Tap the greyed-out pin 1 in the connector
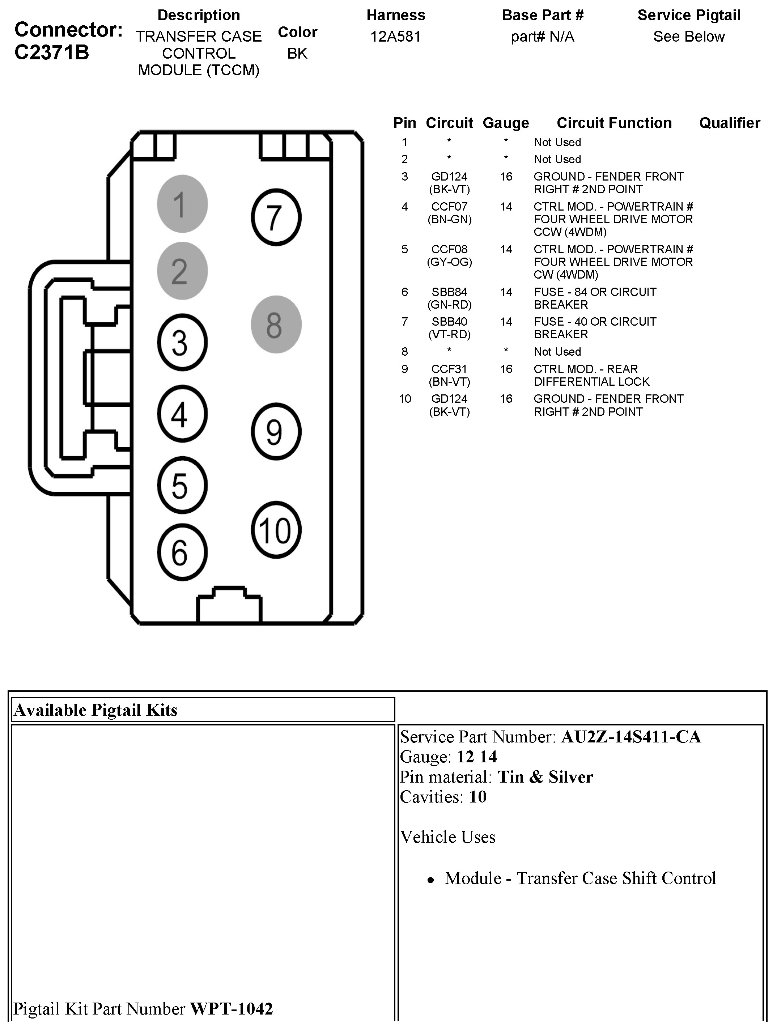click(182, 204)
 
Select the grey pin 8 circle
click(276, 324)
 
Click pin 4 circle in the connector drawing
click(182, 414)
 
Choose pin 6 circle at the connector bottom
click(182, 552)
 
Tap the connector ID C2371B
click(52, 52)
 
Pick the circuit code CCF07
click(449, 207)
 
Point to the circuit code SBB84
click(449, 292)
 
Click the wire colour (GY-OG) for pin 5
click(449, 262)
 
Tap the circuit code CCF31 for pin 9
click(449, 369)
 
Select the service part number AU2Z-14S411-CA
click(630, 737)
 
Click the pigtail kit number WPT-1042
click(231, 1008)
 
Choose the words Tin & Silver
click(545, 777)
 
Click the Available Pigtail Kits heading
click(96, 710)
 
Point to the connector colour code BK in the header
click(297, 54)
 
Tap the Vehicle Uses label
click(448, 837)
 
